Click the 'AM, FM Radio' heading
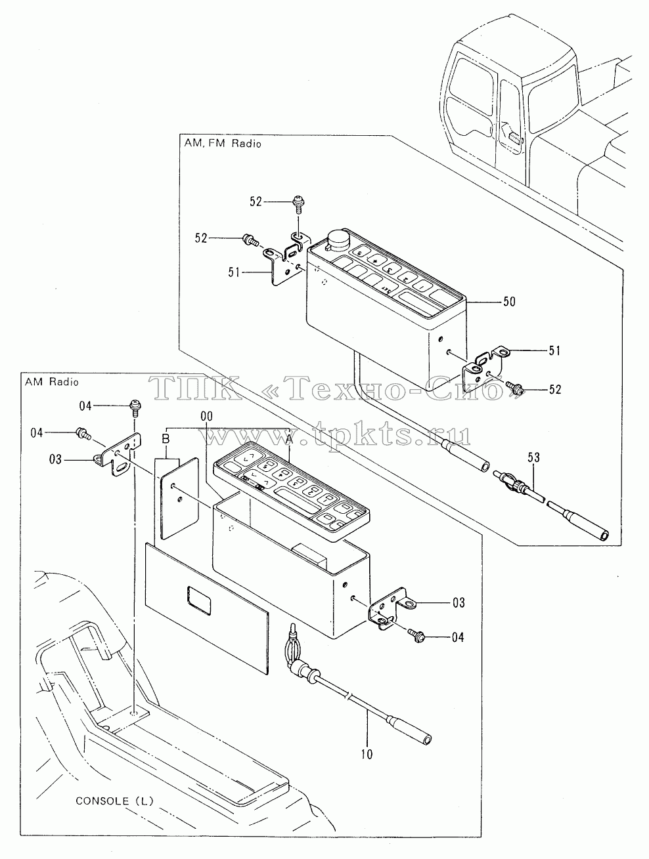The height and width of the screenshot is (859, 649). [223, 144]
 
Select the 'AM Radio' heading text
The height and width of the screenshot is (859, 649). [52, 381]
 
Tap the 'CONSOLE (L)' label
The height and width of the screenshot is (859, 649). [114, 801]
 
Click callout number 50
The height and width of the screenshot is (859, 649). [509, 301]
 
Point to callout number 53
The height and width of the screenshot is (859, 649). [534, 457]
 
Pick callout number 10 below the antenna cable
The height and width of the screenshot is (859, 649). [367, 754]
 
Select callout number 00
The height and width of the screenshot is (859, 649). [207, 417]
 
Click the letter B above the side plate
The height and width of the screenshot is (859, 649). [166, 439]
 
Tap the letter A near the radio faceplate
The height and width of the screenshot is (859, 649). [289, 439]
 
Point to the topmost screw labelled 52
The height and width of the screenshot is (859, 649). [298, 204]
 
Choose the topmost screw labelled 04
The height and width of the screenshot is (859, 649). [135, 408]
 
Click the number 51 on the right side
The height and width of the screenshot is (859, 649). [554, 350]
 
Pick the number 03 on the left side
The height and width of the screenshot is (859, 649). [55, 459]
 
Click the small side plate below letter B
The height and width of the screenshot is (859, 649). [180, 497]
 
